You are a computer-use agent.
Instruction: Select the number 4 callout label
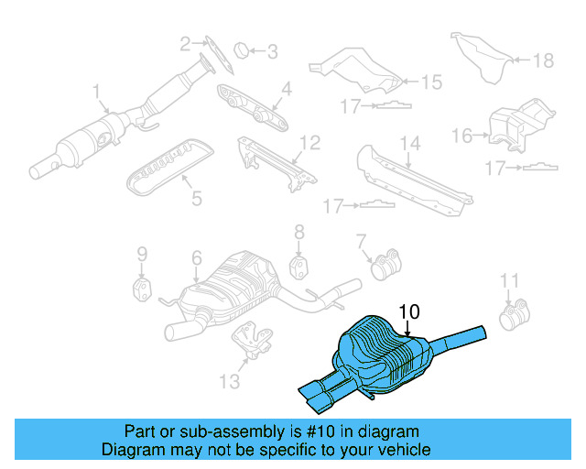click(x=286, y=89)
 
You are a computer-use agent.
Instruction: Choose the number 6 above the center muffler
click(x=196, y=260)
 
